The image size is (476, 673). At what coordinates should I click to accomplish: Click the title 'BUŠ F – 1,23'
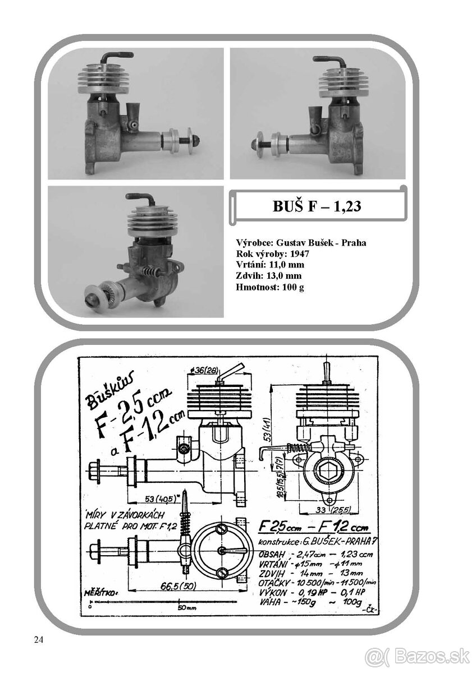[317, 206]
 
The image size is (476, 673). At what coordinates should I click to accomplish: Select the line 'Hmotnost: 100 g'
[271, 287]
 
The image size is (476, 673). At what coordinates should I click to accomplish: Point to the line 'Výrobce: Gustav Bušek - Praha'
[301, 243]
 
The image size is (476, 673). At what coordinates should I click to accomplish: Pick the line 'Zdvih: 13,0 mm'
[269, 276]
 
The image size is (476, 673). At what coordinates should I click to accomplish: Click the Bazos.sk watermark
[418, 655]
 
